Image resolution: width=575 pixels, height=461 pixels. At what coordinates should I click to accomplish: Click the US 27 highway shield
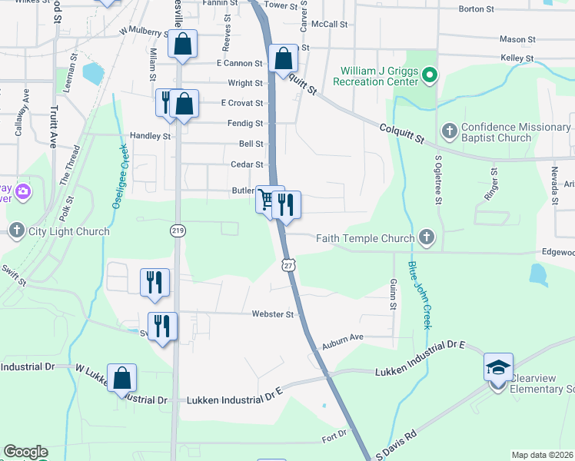(x=287, y=264)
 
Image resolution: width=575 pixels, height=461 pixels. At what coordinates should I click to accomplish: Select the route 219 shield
(x=177, y=230)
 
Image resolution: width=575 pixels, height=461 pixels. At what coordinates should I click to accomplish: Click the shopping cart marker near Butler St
(x=267, y=200)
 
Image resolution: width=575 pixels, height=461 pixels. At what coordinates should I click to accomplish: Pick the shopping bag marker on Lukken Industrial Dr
(x=121, y=378)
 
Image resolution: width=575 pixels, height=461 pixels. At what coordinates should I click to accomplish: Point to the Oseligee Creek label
(x=120, y=177)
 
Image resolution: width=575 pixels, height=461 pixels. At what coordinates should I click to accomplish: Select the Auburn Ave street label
(x=342, y=337)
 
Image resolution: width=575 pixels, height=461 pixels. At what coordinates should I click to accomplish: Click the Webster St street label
(x=273, y=314)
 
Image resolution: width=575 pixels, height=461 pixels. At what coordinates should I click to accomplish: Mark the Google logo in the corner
(x=25, y=452)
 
